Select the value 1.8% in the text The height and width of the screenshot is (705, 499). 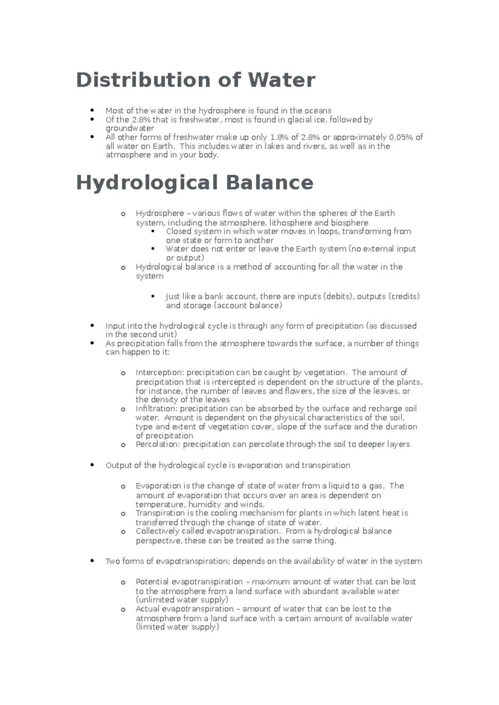pos(278,137)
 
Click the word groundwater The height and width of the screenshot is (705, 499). pos(130,128)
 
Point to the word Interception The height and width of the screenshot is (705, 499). pos(159,372)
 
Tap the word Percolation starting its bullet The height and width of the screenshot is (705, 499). pos(158,444)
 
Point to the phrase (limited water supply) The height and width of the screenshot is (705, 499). pos(177,627)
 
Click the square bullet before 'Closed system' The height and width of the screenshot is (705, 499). pos(153,231)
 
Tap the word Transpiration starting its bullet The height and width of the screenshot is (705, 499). pos(160,513)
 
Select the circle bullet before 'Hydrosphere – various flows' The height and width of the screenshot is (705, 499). pos(123,214)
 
